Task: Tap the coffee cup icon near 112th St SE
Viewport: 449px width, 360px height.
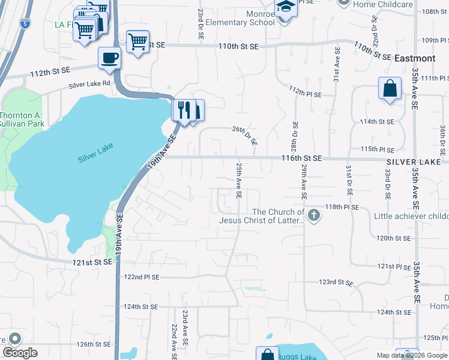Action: (109, 58)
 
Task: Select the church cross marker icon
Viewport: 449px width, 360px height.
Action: (313, 215)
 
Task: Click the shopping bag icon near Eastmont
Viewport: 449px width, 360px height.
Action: (390, 88)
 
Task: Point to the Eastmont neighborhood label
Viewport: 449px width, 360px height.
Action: (415, 58)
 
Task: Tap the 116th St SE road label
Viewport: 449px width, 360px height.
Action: (303, 158)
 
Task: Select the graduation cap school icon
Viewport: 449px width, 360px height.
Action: (286, 7)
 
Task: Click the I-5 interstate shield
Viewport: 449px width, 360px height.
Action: (24, 24)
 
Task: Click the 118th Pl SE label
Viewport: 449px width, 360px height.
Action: (342, 207)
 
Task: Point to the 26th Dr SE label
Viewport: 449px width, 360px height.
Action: (245, 135)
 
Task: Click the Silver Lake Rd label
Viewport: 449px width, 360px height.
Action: (90, 85)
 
